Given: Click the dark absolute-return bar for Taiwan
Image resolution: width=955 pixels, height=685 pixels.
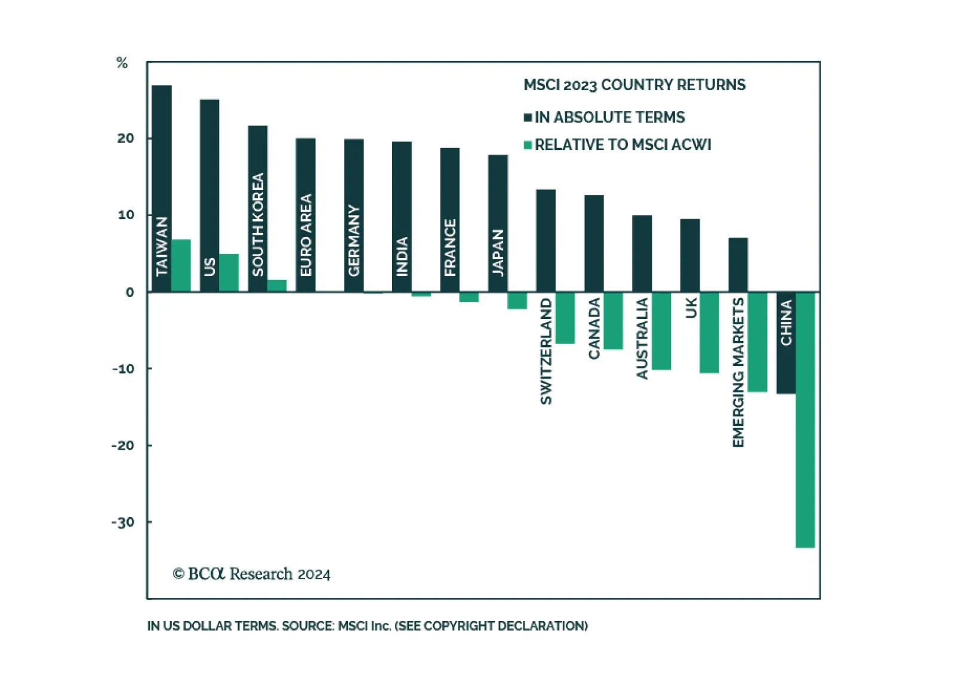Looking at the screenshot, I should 162,149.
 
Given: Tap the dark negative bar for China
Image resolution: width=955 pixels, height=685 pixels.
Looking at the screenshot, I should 785,370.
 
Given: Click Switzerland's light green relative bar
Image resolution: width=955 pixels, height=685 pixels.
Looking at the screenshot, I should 565,318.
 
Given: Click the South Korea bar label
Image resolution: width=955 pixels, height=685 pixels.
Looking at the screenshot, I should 258,225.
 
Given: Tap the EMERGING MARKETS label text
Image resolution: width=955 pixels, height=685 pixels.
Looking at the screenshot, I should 738,372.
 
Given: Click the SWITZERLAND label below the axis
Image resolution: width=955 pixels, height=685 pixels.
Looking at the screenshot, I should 546,351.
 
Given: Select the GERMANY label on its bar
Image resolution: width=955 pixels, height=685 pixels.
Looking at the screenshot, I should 354,241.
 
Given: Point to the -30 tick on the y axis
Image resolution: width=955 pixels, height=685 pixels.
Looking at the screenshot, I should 124,523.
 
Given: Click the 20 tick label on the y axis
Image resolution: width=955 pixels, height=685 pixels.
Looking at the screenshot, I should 126,139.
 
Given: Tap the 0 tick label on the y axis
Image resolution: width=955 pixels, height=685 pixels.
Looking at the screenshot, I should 130,292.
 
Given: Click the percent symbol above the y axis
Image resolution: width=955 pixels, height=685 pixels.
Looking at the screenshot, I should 122,63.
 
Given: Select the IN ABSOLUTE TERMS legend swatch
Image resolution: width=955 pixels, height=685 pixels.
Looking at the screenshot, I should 528,118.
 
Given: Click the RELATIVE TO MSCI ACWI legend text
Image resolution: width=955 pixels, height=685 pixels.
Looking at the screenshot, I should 623,145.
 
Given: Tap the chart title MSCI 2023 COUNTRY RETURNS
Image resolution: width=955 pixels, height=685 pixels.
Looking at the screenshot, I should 634,85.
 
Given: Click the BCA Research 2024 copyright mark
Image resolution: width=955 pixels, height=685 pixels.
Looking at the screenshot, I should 251,574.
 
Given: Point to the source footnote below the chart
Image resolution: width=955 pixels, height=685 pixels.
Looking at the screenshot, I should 367,626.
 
